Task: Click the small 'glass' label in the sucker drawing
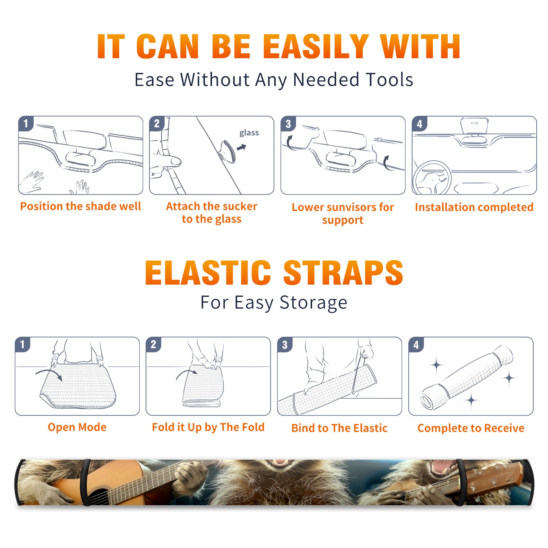point(249,133)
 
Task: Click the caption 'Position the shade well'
point(80,206)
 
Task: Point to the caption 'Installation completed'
point(474,207)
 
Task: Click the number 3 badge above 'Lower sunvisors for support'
point(288,124)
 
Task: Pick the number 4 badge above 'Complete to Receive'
point(416,345)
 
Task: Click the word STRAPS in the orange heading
point(343,273)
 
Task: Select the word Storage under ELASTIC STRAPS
point(313,303)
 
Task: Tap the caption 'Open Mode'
point(77,427)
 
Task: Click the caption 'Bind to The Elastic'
point(339,428)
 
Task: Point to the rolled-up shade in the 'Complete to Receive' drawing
point(467,377)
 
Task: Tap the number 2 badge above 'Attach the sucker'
point(157,123)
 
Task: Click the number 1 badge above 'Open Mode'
point(23,344)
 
